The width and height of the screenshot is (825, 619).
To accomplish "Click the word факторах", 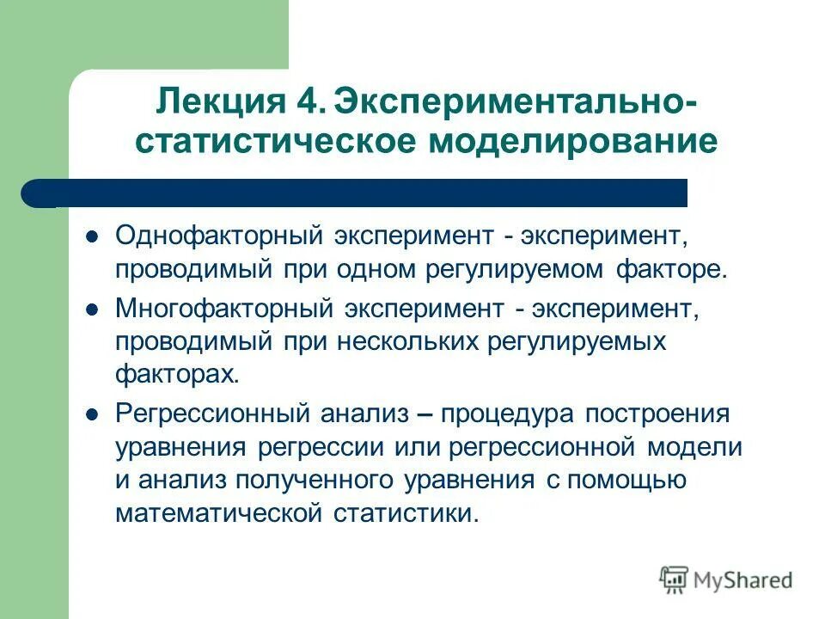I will pos(174,374).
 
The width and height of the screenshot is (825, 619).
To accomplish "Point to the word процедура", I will pos(506,413).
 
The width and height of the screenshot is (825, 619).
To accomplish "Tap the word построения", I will pos(657,413).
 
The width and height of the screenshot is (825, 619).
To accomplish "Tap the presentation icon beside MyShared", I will pos(674,579).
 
